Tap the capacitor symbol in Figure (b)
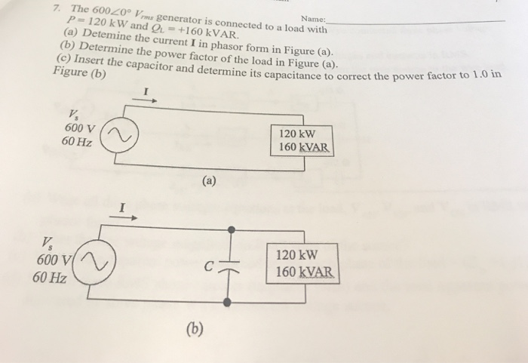point(228,265)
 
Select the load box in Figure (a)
point(302,138)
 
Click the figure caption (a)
point(209,181)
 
